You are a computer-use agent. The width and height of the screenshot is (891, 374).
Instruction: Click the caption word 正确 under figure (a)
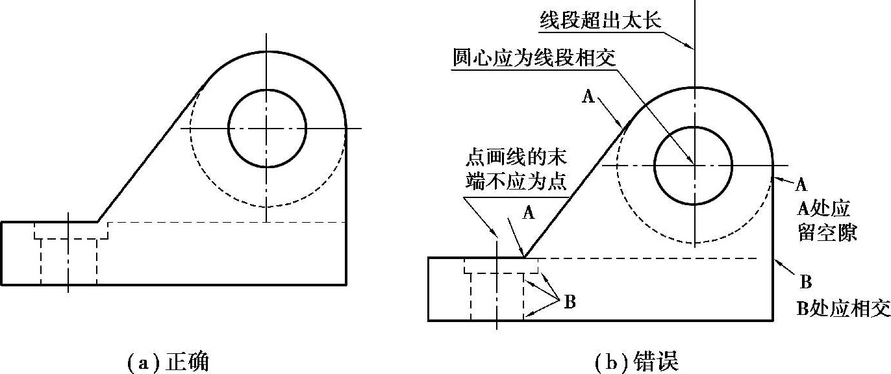coord(188,362)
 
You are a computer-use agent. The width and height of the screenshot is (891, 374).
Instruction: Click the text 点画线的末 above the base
coord(516,158)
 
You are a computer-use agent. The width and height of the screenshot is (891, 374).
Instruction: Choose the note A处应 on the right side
coord(823,209)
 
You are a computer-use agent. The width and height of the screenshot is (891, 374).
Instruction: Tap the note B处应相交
coord(844,309)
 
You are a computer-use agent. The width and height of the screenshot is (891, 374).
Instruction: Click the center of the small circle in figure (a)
coord(267,128)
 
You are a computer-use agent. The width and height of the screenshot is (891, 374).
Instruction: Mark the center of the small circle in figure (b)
coord(694,166)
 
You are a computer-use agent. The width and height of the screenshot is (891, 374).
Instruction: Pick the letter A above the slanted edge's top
coord(588,97)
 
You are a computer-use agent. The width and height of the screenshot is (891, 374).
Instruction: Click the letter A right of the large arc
coord(801,185)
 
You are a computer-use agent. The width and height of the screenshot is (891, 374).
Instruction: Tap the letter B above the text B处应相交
coord(805,282)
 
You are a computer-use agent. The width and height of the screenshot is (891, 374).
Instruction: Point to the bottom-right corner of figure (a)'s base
coord(345,285)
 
